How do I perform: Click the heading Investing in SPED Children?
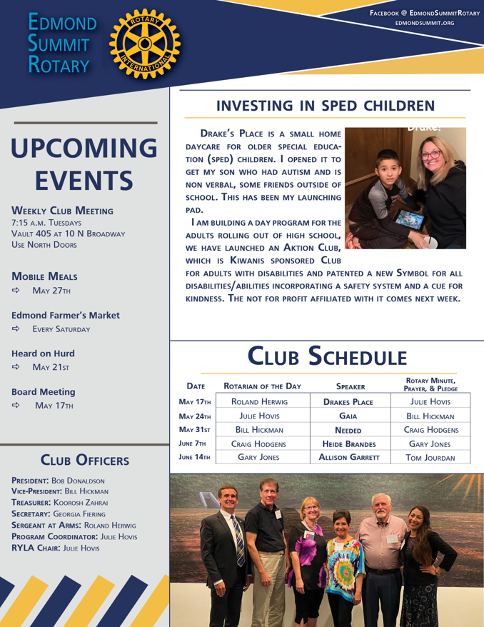325,106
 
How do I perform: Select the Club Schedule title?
325,353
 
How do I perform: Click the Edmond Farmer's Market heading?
65,315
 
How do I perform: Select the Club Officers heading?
79,458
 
